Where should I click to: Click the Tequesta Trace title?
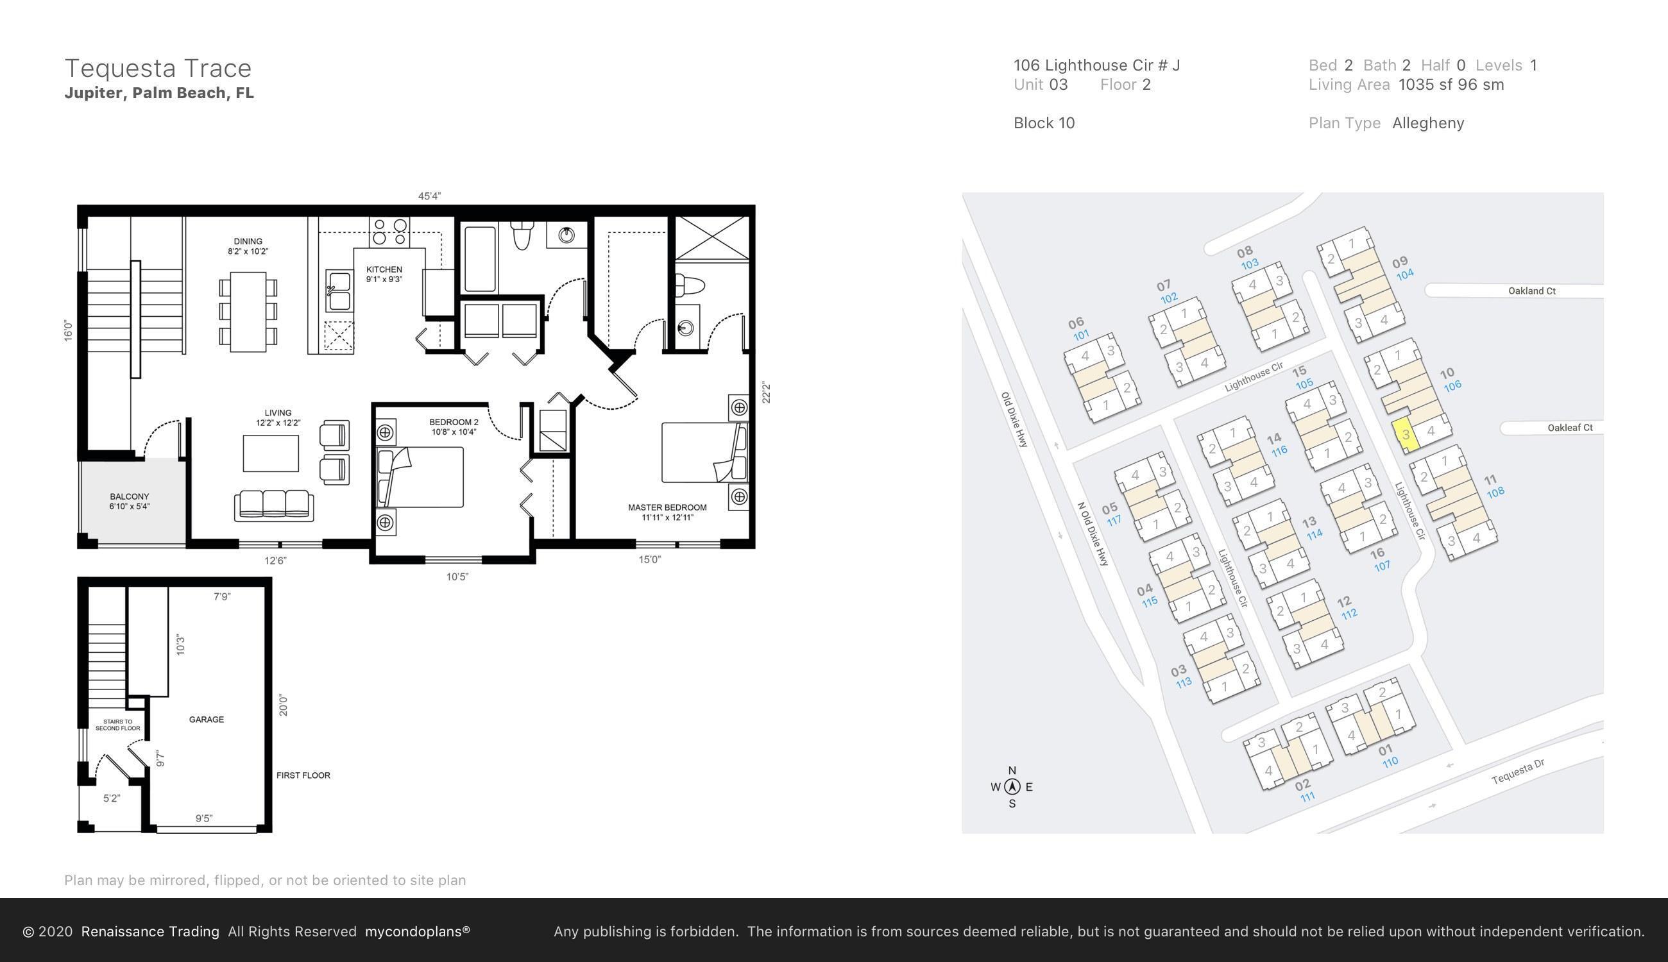tap(158, 69)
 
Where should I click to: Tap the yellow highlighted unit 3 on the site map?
tap(1406, 435)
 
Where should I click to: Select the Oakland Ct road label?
tap(1531, 291)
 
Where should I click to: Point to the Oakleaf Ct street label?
tap(1570, 428)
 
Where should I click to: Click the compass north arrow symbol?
tap(1012, 787)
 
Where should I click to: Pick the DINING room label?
tap(248, 242)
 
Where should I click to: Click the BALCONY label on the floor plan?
tap(130, 497)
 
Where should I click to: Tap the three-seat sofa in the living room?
tap(273, 505)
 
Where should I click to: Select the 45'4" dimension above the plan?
tap(430, 196)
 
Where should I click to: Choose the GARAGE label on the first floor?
tap(206, 720)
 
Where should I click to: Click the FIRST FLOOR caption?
tap(303, 775)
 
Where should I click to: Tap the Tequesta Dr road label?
tap(1518, 772)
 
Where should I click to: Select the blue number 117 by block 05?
tap(1114, 521)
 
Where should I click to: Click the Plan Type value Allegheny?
tap(1427, 124)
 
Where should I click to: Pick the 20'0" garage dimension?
tap(284, 705)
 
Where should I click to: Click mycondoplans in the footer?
tap(417, 932)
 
